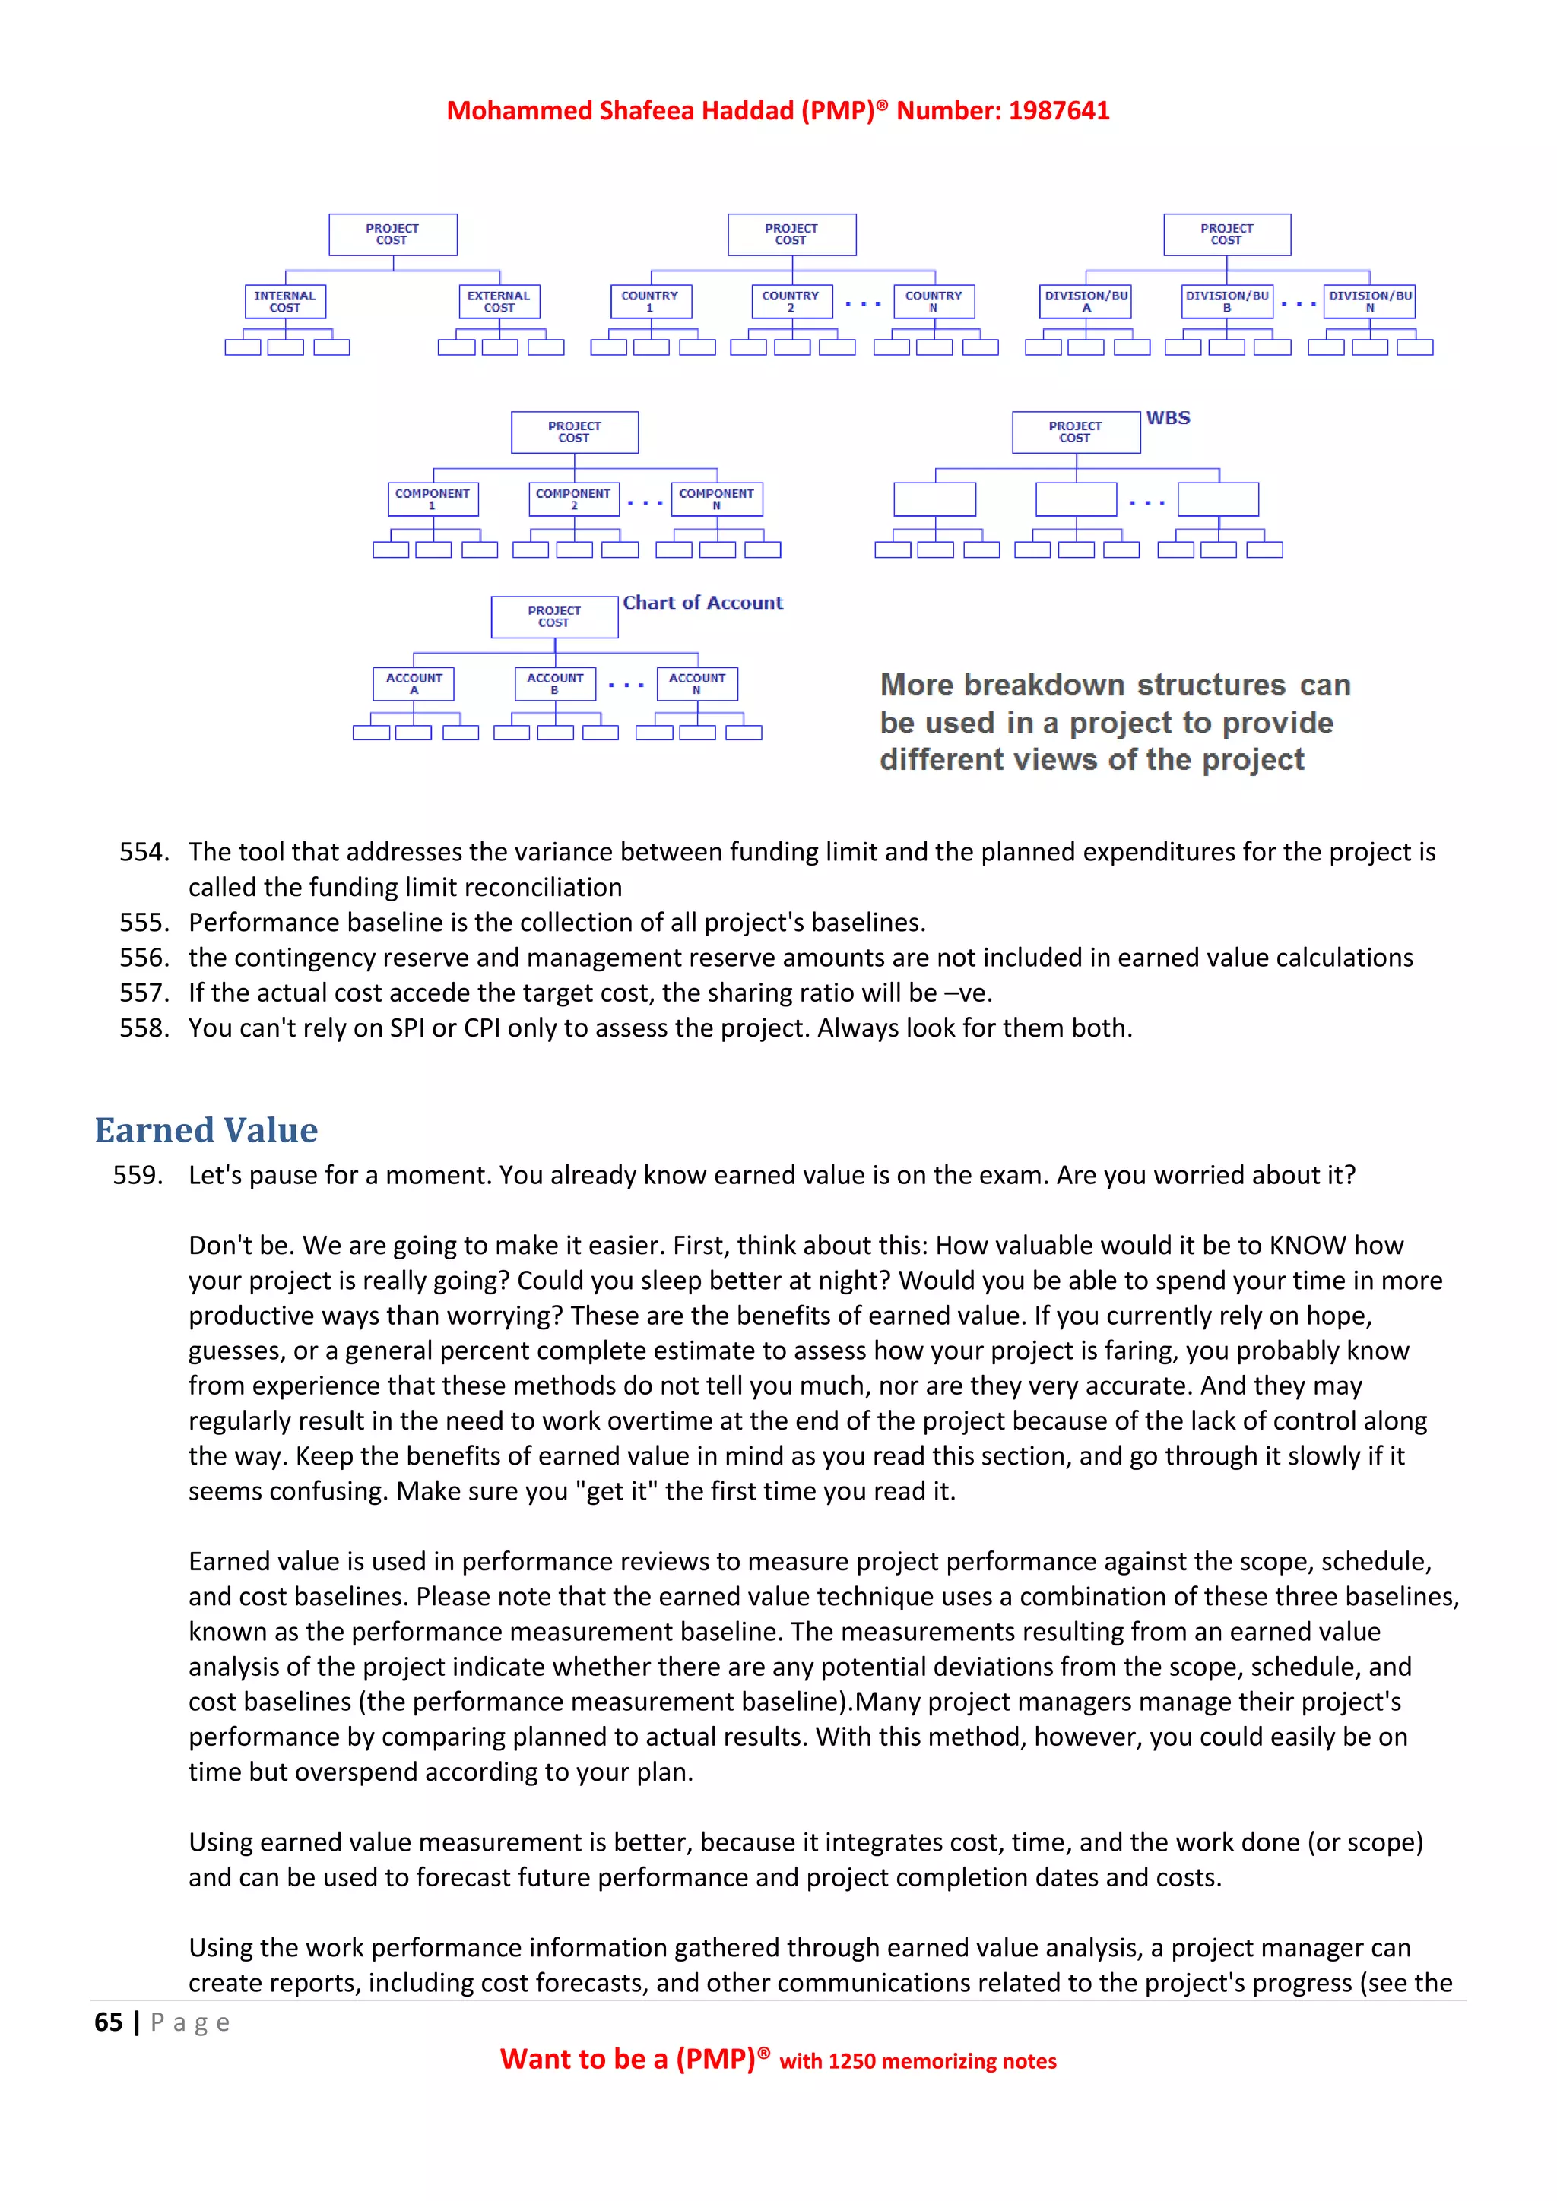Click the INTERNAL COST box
286,302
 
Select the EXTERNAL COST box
499,302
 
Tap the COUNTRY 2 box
791,302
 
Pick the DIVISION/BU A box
1086,302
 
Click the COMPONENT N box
716,499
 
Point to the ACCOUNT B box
555,683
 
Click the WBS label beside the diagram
1168,418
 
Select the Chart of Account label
702,603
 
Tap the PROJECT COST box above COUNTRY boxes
791,235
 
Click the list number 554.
144,852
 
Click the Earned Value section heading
206,1130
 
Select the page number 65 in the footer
109,2022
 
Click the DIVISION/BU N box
1369,302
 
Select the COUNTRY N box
933,302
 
